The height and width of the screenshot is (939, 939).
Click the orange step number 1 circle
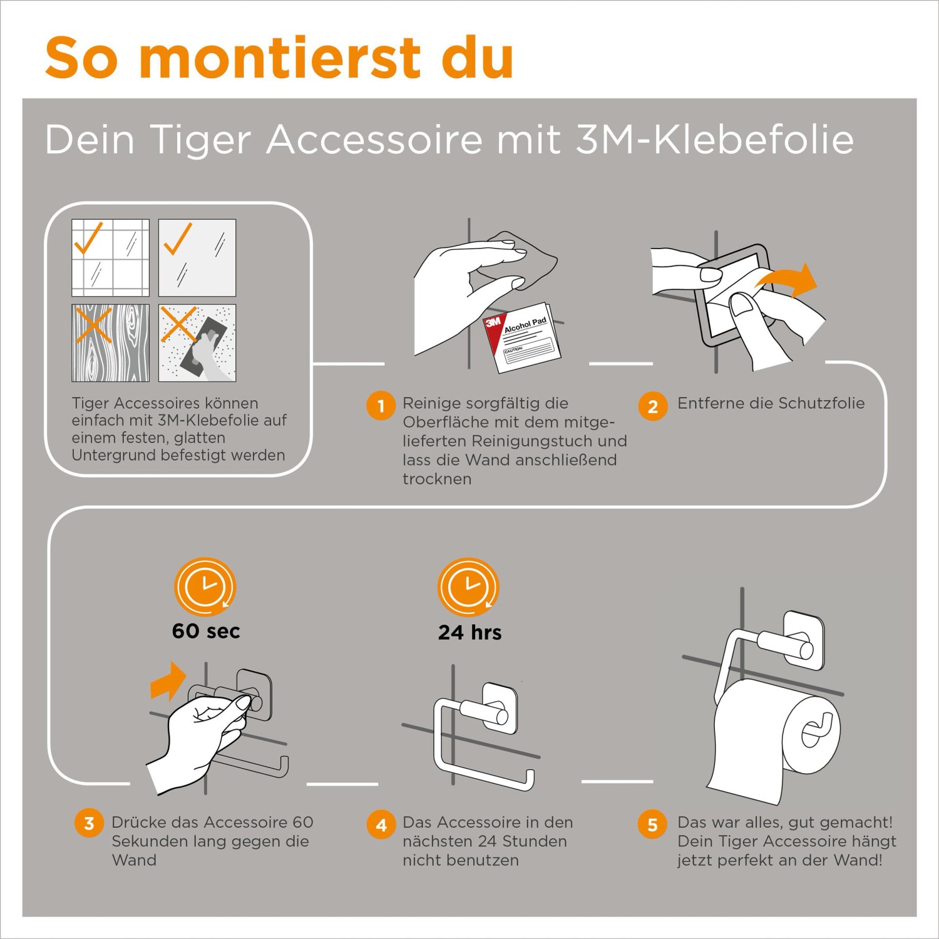click(x=381, y=406)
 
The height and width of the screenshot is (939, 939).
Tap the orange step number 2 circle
click(x=652, y=406)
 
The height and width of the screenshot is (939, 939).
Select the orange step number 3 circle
click(x=89, y=823)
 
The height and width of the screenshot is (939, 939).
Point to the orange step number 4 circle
click(x=381, y=825)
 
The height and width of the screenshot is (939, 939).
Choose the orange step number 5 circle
click(x=652, y=824)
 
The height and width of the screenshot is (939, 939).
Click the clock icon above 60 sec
click(x=205, y=587)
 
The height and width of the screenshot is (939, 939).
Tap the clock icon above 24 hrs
click(x=468, y=587)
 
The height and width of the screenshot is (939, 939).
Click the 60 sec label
click(x=206, y=631)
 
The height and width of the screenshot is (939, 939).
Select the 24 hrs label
click(x=469, y=632)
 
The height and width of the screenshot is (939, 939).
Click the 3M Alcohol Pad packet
click(x=521, y=337)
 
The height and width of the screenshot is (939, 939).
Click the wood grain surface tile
click(x=110, y=343)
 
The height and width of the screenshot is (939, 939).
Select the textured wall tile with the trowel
click(x=197, y=343)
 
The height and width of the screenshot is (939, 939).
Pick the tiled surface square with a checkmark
click(x=110, y=257)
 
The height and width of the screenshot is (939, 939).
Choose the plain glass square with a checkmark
click(x=197, y=257)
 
